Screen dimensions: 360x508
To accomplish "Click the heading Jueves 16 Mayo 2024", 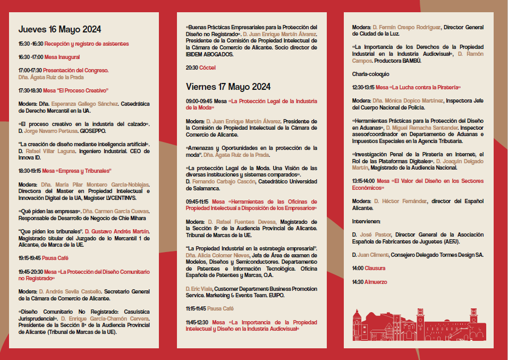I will pyautogui.click(x=60, y=29).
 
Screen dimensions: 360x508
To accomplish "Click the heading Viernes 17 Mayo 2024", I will pyautogui.click(x=228, y=86).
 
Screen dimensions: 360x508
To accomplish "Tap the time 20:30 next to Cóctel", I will pyautogui.click(x=192, y=68).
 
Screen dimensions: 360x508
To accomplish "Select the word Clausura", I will pyautogui.click(x=375, y=268).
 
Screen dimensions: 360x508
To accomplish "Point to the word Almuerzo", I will pyautogui.click(x=376, y=281).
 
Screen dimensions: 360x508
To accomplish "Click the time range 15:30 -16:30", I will pyautogui.click(x=31, y=44).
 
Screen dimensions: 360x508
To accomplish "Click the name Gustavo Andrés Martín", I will pyautogui.click(x=121, y=231).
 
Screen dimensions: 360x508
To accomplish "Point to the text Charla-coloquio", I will pyautogui.click(x=370, y=74).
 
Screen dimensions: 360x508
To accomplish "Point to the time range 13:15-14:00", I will pyautogui.click(x=363, y=181).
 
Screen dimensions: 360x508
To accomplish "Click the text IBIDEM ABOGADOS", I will pyautogui.click(x=209, y=54).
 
